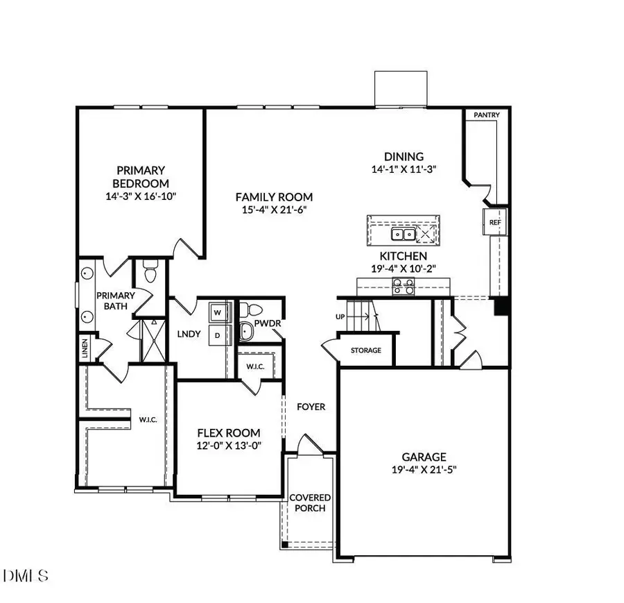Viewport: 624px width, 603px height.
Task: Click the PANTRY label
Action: [x=487, y=115]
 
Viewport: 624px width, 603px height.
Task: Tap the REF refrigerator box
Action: [x=495, y=223]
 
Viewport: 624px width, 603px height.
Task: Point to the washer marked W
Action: [x=218, y=312]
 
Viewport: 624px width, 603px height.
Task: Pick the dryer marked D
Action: [x=217, y=334]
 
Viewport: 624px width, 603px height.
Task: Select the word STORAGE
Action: [x=365, y=350]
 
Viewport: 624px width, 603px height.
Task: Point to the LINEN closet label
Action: [x=85, y=345]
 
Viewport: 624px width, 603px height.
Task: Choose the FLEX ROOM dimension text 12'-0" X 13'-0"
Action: [x=227, y=446]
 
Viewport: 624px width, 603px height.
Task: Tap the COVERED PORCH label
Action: [x=310, y=503]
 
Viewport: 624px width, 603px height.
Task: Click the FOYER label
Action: [x=311, y=407]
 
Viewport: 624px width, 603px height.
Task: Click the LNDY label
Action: [x=189, y=334]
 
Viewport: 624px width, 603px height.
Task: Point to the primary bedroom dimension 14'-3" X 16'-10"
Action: [x=141, y=196]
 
